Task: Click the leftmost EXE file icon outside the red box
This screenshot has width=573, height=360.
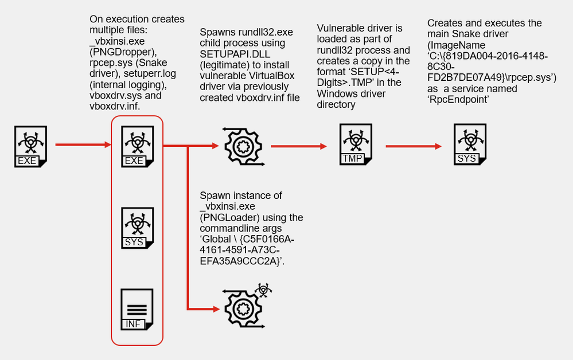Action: click(x=30, y=146)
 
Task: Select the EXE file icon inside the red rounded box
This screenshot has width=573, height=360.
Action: click(x=136, y=146)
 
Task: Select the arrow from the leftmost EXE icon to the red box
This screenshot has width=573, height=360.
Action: click(x=83, y=146)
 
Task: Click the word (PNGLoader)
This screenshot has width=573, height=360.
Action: click(x=224, y=218)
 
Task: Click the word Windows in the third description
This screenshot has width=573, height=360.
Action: click(x=341, y=94)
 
